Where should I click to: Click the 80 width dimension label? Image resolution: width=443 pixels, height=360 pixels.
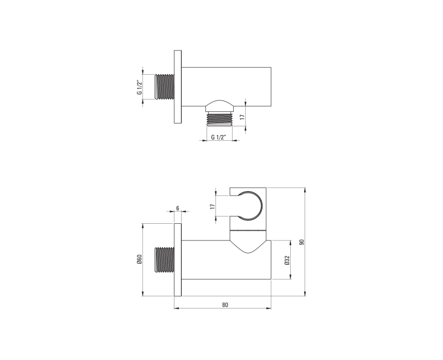(225, 305)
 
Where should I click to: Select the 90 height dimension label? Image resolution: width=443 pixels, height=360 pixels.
(302, 242)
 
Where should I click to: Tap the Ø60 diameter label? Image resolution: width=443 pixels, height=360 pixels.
(139, 259)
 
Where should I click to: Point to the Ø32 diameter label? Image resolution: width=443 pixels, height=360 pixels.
(287, 260)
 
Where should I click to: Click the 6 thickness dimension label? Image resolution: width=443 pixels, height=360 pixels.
(177, 208)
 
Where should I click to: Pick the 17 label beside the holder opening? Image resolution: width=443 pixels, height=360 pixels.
(213, 206)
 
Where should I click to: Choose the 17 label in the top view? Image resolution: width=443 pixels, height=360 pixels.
(242, 117)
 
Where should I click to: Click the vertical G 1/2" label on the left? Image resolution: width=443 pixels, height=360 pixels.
(140, 88)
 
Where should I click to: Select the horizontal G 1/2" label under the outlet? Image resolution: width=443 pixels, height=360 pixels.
(219, 137)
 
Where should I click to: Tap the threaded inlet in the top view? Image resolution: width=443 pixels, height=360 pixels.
(164, 87)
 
